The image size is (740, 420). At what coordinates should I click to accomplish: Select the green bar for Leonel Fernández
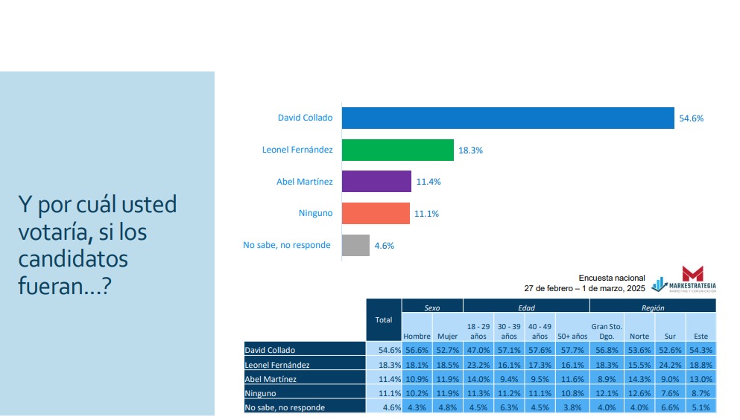click(398, 150)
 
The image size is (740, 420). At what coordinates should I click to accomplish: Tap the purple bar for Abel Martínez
click(376, 182)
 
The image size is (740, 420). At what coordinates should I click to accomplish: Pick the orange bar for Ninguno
click(376, 213)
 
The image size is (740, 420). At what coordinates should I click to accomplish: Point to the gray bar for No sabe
click(355, 245)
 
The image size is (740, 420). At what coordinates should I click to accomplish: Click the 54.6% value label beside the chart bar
click(691, 118)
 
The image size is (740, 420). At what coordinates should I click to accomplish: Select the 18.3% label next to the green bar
click(470, 150)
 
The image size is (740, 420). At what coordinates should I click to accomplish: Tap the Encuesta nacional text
click(612, 278)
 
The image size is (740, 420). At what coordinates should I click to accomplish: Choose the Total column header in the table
click(384, 320)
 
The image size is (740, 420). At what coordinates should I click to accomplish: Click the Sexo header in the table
click(432, 306)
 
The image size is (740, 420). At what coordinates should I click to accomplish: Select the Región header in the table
click(653, 306)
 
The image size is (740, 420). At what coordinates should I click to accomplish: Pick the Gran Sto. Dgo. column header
click(606, 331)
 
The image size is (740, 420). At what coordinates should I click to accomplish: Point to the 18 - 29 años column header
click(478, 331)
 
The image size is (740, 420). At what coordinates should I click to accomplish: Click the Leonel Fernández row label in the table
click(276, 365)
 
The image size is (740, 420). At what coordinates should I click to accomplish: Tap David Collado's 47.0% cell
click(478, 350)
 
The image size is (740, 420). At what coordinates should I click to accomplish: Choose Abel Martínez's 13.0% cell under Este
click(701, 379)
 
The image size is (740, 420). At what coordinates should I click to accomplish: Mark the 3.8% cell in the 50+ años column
click(573, 407)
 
